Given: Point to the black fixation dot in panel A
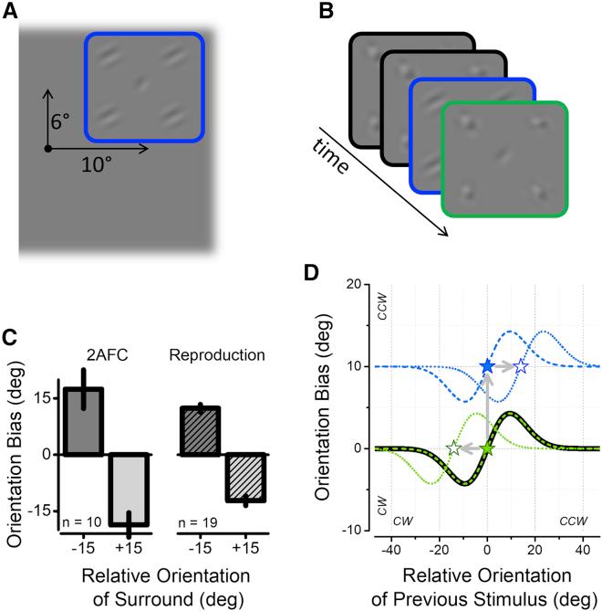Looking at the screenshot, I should (47, 147).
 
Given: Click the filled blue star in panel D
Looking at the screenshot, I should (487, 366).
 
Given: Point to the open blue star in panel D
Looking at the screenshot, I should (521, 366).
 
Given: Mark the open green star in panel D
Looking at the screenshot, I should (453, 448).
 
